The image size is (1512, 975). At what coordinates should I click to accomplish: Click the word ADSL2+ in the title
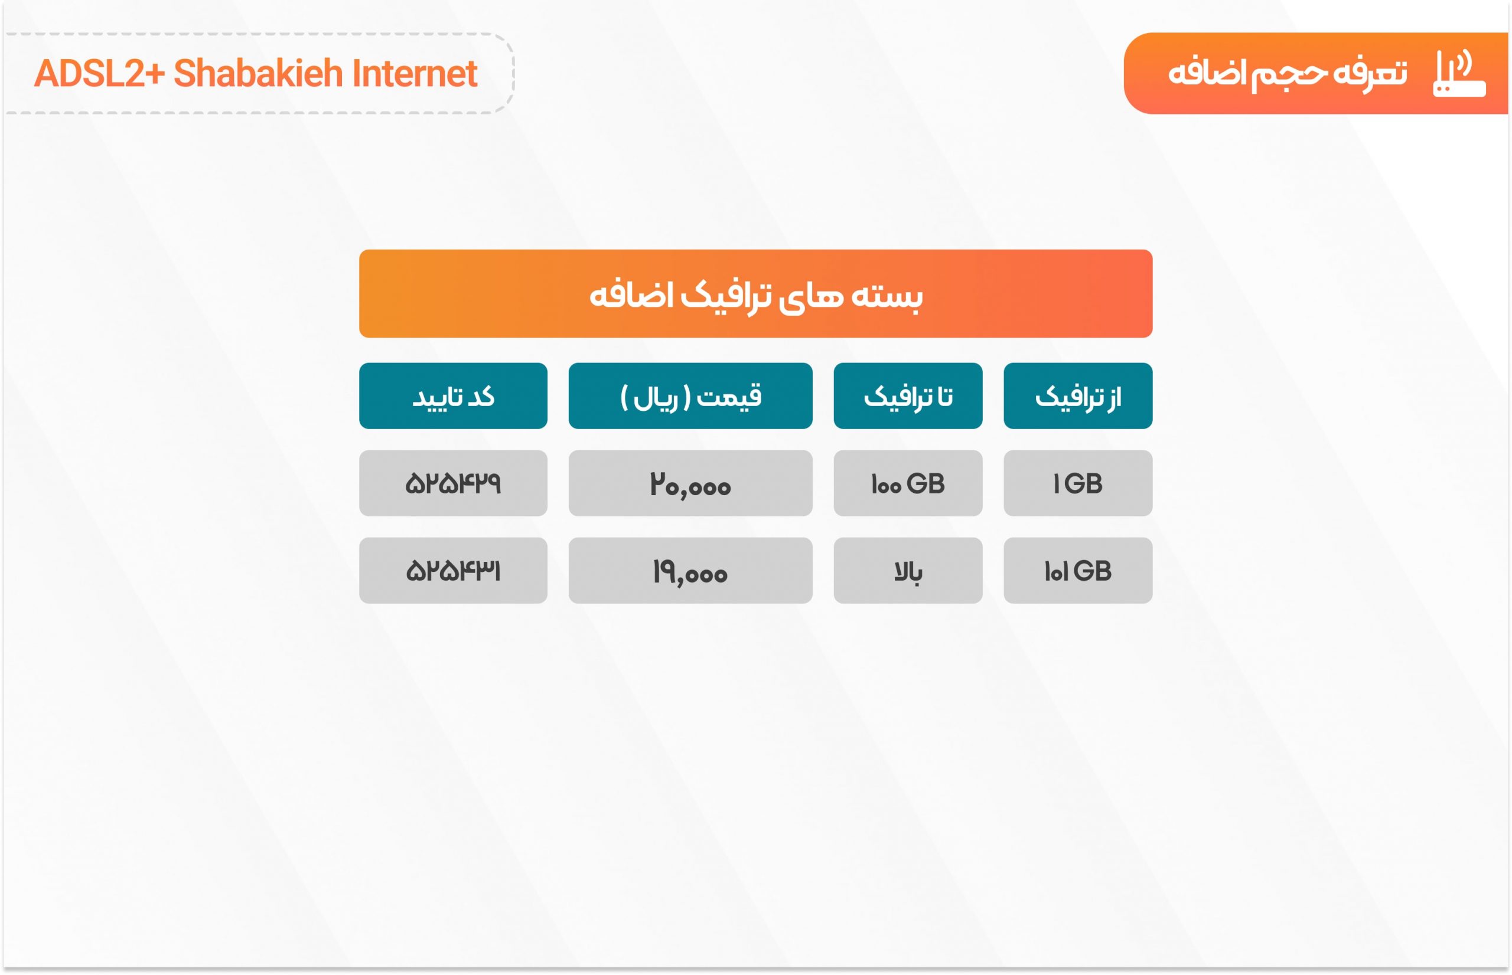[x=99, y=73]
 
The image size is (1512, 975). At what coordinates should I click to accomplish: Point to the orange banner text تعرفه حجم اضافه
[x=1287, y=73]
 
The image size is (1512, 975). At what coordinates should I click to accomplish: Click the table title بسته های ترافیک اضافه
[x=755, y=296]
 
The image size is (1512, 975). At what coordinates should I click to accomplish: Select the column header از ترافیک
[x=1077, y=397]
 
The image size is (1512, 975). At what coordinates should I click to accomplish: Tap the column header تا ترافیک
[x=908, y=397]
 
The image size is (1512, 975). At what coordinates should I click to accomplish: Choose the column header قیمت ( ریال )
[x=690, y=397]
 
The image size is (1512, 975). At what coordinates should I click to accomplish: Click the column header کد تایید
[x=453, y=397]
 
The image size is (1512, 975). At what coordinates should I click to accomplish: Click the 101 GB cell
[x=1077, y=571]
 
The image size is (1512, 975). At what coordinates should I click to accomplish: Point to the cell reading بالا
[x=908, y=571]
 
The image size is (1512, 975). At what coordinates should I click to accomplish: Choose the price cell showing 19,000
[x=690, y=571]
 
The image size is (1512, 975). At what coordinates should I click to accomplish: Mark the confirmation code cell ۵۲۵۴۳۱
[x=453, y=571]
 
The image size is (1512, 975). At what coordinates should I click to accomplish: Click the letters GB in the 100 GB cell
[x=926, y=484]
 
